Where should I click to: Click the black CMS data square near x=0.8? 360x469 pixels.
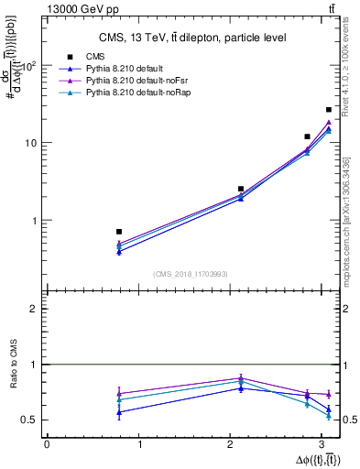click(x=119, y=232)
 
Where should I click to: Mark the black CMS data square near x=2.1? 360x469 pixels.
click(x=241, y=189)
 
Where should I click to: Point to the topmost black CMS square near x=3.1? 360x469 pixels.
click(x=329, y=110)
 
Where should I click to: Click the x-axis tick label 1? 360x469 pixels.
click(x=139, y=444)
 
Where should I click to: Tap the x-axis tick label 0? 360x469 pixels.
click(x=47, y=444)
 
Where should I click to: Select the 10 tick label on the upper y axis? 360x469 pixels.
click(x=31, y=144)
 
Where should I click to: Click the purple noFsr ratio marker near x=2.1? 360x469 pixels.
click(x=241, y=378)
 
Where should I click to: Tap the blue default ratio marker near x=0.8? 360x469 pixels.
click(x=119, y=412)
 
